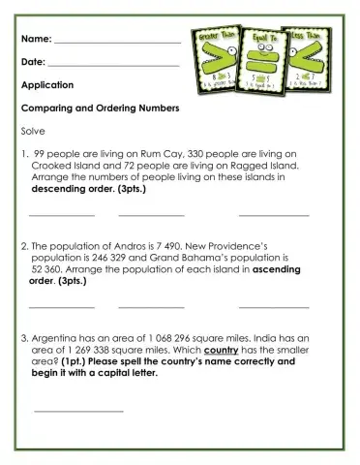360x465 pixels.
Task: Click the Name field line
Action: click(x=117, y=42)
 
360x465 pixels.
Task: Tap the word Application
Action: click(x=46, y=85)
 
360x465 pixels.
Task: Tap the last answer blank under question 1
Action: click(x=274, y=215)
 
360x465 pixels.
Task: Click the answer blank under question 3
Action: click(x=79, y=412)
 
